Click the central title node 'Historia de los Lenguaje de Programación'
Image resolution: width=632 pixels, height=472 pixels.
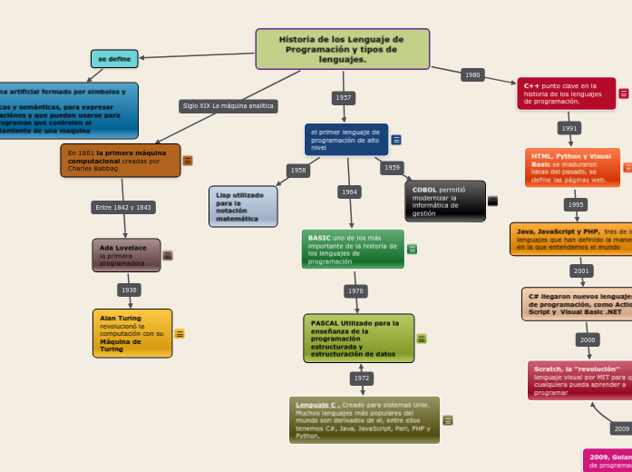[x=342, y=49]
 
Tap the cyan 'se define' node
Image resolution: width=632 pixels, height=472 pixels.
[x=114, y=59]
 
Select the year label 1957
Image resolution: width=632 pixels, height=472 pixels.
[x=344, y=97]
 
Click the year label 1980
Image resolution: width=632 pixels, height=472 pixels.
[x=472, y=75]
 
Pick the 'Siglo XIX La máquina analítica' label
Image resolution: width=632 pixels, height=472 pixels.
[x=228, y=106]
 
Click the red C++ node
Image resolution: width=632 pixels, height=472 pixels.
[x=566, y=93]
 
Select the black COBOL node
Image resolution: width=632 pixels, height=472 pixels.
[x=444, y=202]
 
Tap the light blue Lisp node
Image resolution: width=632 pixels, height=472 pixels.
[x=243, y=206]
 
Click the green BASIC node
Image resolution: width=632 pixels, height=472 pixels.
[x=353, y=249]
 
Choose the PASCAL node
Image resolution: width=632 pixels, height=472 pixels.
[x=358, y=338]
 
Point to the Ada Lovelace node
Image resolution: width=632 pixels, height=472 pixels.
[x=126, y=255]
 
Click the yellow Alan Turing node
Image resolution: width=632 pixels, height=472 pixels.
[x=132, y=333]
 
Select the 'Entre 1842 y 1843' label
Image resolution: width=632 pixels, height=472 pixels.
[x=123, y=207]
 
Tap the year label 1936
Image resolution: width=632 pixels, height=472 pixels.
[x=129, y=290]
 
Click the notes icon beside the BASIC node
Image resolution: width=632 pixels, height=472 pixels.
[x=412, y=250]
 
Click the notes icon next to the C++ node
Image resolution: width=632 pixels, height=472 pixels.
[x=624, y=93]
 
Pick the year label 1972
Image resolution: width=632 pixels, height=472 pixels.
[x=362, y=378]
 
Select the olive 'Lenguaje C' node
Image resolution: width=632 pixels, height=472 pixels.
[x=364, y=419]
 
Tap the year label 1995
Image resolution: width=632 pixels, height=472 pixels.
[x=576, y=204]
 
